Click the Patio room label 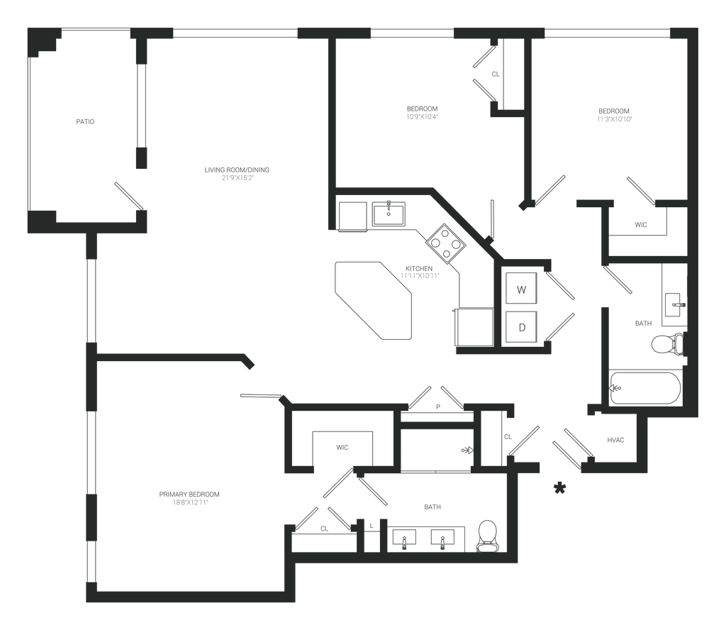click(85, 122)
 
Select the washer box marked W click(521, 289)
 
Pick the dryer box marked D click(521, 327)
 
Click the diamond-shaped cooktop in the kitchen click(445, 243)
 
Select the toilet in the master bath click(488, 536)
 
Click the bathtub click(645, 388)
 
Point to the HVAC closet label click(615, 441)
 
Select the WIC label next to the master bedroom click(342, 448)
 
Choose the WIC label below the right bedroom click(640, 225)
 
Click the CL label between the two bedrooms click(496, 74)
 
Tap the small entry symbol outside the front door click(560, 487)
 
